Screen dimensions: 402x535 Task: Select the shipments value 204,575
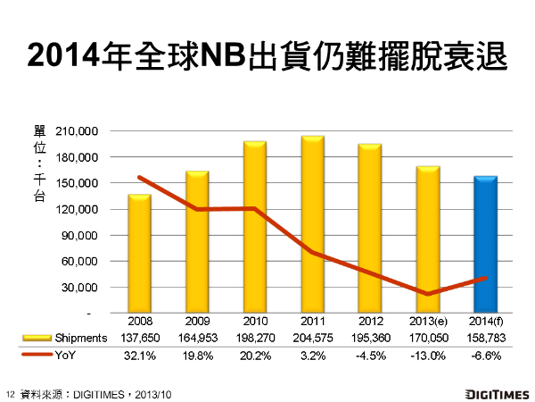tap(312, 338)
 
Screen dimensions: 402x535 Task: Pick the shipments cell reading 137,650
tap(139, 338)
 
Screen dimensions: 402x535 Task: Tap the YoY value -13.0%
tap(428, 354)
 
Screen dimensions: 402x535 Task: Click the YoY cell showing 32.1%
tap(139, 354)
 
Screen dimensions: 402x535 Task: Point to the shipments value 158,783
tap(486, 338)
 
